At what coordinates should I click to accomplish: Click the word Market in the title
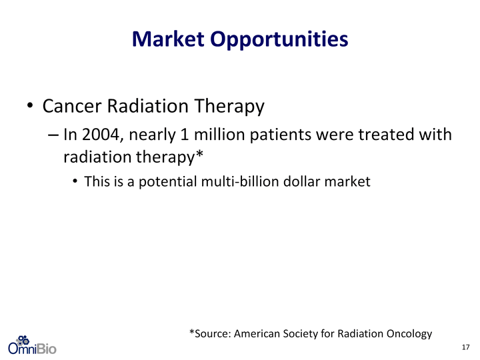(x=168, y=39)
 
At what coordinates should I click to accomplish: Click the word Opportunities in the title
(x=279, y=40)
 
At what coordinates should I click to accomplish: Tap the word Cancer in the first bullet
(x=72, y=106)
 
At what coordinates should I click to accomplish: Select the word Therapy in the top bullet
(x=229, y=107)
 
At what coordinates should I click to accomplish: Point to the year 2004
(x=101, y=135)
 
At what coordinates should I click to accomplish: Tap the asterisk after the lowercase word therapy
(x=199, y=153)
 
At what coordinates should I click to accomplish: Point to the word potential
(x=168, y=182)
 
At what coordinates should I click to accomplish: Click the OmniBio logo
(x=32, y=345)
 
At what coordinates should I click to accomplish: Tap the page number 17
(x=465, y=347)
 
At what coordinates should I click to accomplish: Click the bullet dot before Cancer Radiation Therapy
(x=30, y=105)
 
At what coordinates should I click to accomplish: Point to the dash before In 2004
(x=53, y=135)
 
